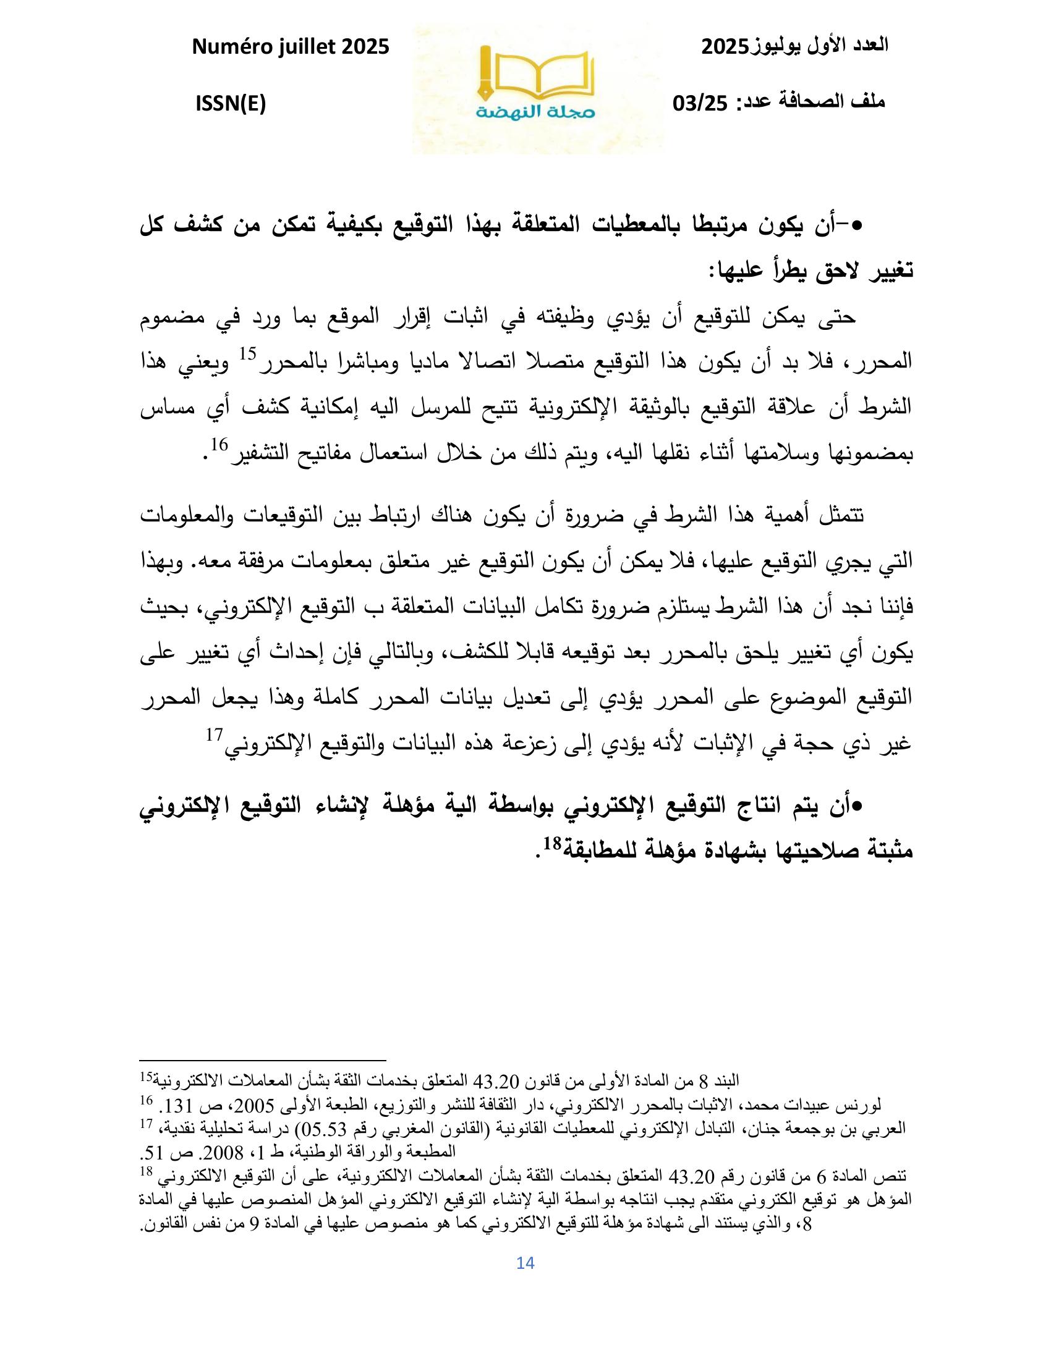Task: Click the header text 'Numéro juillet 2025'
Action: tap(291, 47)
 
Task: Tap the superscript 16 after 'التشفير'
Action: tap(220, 444)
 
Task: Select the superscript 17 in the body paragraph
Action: tap(214, 734)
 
